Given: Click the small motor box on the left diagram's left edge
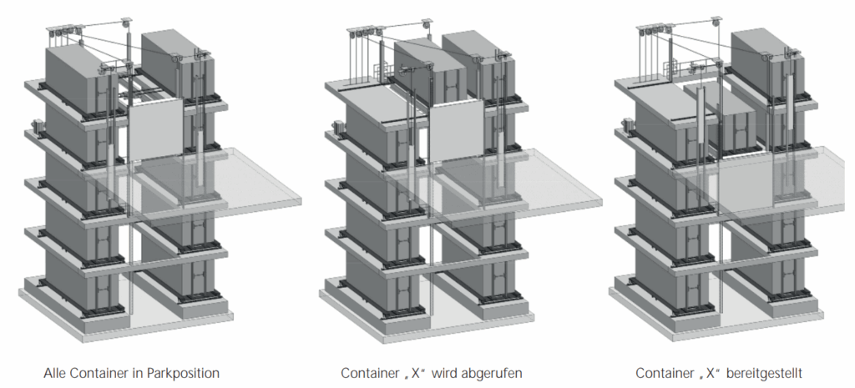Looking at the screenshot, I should coord(38,126).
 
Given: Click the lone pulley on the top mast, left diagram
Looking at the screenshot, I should coord(127,23).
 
